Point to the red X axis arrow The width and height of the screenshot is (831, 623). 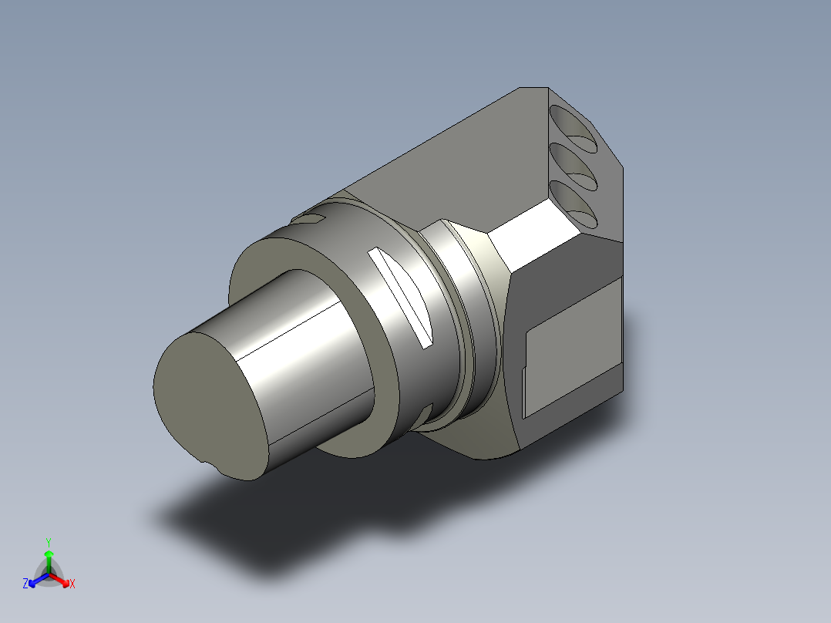(60, 580)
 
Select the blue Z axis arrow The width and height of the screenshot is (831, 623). (39, 580)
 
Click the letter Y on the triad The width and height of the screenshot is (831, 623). (49, 542)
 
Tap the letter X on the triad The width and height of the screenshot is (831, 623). (72, 584)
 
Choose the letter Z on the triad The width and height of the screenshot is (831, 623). (25, 583)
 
